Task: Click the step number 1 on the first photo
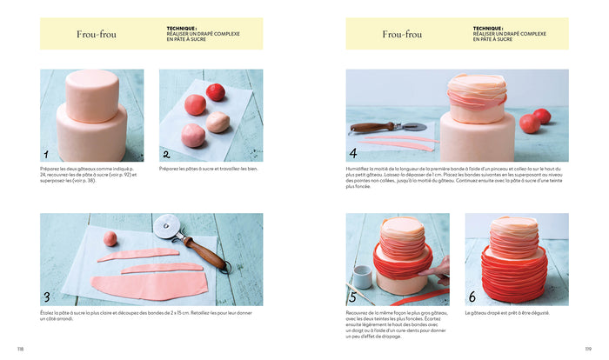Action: [x=46, y=154]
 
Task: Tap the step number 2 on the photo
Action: [x=165, y=154]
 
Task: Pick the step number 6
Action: [x=472, y=297]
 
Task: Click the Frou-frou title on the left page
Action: [x=96, y=35]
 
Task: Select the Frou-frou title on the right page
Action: [x=402, y=35]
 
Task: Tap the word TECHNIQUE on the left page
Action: [x=182, y=28]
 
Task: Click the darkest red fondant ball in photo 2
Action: [x=216, y=92]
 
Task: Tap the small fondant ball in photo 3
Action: [x=110, y=238]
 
